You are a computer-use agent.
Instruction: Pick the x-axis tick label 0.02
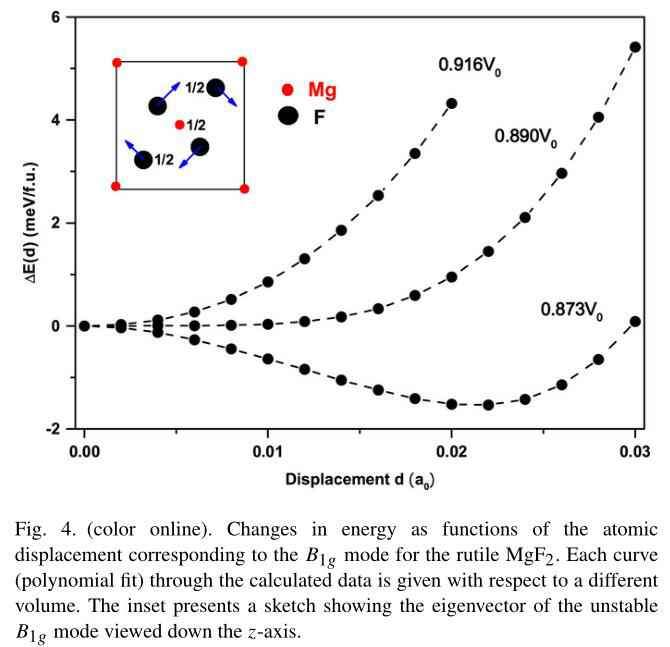click(x=452, y=449)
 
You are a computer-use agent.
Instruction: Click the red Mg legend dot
click(x=288, y=90)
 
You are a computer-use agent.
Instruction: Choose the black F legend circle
click(x=288, y=115)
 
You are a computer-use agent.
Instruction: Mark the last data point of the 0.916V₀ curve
click(x=452, y=103)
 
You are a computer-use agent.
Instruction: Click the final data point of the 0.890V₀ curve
click(x=635, y=47)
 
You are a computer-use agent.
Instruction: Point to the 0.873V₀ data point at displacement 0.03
click(x=635, y=321)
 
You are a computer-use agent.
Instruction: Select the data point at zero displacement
click(x=85, y=325)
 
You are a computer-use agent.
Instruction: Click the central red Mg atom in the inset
click(x=179, y=125)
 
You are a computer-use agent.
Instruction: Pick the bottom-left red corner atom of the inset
click(x=116, y=187)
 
